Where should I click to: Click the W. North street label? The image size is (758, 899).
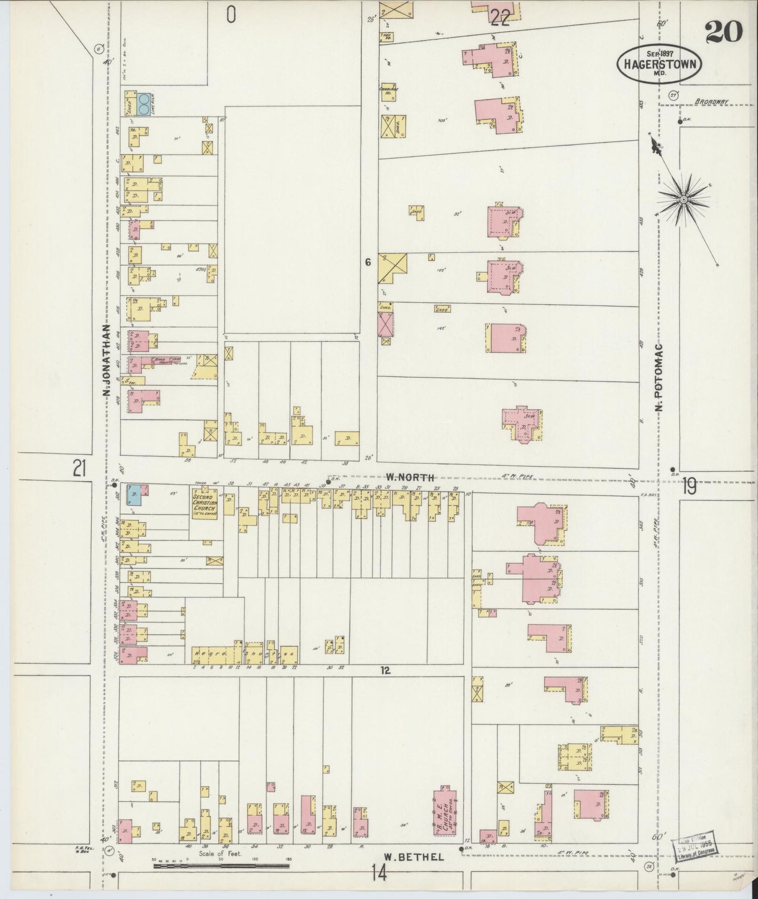click(x=410, y=477)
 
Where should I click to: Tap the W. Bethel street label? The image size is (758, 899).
click(x=414, y=857)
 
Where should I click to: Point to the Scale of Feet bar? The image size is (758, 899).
click(x=223, y=866)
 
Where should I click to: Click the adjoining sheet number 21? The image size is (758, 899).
click(x=79, y=468)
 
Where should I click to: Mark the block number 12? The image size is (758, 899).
click(x=386, y=670)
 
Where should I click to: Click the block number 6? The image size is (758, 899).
click(x=368, y=262)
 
